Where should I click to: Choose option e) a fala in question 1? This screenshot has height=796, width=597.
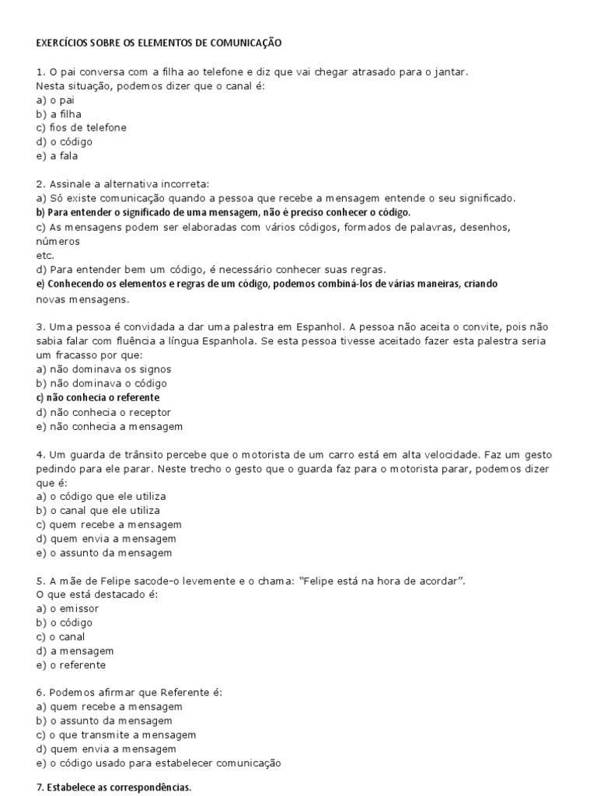click(58, 155)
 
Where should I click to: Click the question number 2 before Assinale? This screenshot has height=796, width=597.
click(40, 184)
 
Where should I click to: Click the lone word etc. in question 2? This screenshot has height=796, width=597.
click(45, 255)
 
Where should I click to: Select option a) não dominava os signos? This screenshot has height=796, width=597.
click(103, 369)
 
